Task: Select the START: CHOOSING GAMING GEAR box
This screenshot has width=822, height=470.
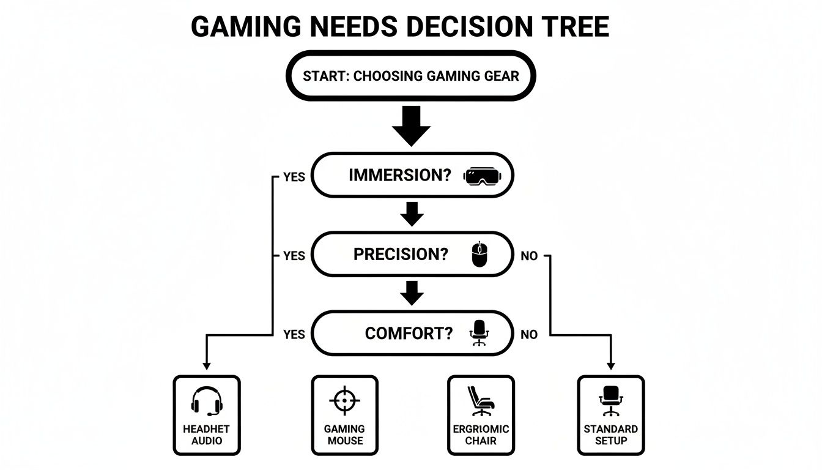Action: pos(411,76)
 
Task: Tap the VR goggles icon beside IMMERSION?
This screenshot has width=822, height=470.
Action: pos(482,176)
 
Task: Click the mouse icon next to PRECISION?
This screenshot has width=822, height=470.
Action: pos(480,255)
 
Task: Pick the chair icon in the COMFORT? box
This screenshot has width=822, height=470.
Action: pos(479,334)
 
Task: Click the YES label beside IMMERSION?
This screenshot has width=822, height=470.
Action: pos(294,177)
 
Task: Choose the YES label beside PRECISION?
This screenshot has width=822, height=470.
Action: pos(294,256)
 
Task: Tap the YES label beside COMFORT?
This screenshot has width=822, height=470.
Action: pos(294,335)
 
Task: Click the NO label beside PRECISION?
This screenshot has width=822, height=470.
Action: pos(529,256)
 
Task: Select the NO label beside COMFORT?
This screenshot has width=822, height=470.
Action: pos(529,335)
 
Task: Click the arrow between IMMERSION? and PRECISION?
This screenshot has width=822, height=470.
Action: pos(412,214)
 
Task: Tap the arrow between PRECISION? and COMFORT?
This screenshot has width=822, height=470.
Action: pos(412,293)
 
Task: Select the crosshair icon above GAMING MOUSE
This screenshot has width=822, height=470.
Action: pos(344,401)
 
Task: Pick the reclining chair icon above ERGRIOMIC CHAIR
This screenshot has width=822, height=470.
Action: pos(480,401)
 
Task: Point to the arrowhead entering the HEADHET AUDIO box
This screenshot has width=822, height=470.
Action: pos(206,366)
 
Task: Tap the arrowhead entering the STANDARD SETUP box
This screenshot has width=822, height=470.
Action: pos(610,366)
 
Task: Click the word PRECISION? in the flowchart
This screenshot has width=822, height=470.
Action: pos(401,255)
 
